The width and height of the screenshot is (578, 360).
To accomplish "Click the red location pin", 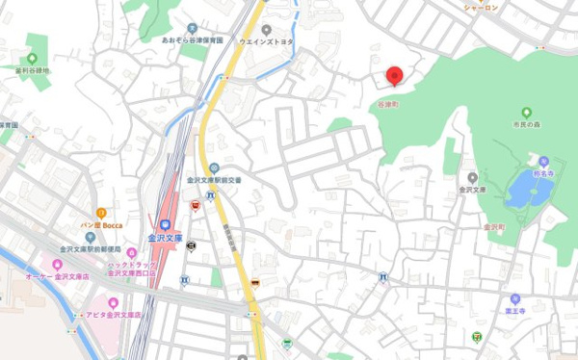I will tap(394, 76).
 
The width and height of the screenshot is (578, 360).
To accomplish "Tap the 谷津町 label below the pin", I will tap(387, 103).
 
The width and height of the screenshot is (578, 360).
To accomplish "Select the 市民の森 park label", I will tap(527, 125).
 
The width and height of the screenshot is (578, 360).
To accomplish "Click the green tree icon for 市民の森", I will tap(527, 113).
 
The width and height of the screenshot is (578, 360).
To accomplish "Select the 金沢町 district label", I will tap(495, 227).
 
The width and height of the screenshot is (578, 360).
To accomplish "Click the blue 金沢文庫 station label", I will tap(165, 237).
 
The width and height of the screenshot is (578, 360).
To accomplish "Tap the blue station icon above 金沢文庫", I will tap(165, 223).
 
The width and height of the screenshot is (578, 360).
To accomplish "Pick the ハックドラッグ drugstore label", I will tap(132, 268).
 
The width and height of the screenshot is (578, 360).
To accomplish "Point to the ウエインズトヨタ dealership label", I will tap(267, 42).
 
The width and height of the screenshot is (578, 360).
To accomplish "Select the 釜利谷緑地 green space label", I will tap(33, 70).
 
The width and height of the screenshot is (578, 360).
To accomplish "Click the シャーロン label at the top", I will tap(481, 7).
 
